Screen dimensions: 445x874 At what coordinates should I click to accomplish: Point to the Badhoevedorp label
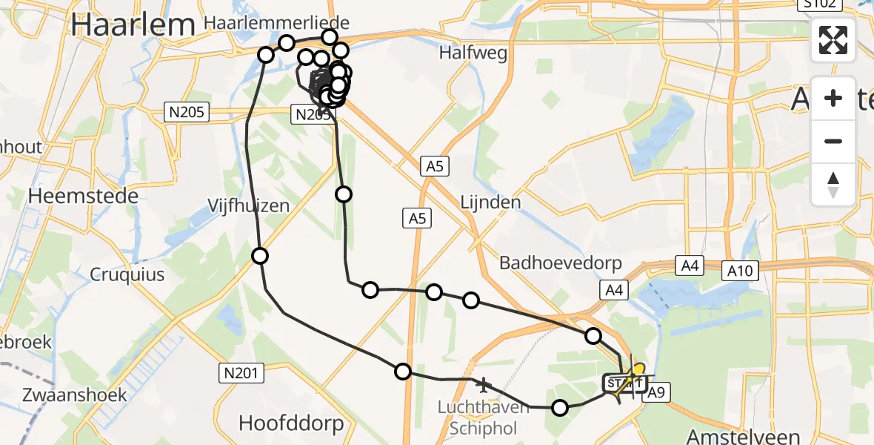(x=560, y=263)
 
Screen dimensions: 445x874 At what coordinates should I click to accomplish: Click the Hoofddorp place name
(x=291, y=423)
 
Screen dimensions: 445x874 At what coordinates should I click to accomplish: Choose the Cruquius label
(x=127, y=274)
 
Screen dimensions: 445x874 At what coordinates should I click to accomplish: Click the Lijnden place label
(x=490, y=202)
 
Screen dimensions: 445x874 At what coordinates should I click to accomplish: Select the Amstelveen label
(x=743, y=435)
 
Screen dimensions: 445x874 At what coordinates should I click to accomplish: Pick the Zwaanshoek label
(x=64, y=395)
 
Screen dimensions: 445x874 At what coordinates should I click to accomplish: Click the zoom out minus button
(x=833, y=141)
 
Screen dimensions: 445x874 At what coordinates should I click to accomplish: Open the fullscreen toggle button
(x=833, y=40)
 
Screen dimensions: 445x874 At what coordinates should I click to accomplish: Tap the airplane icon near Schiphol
(x=484, y=385)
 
